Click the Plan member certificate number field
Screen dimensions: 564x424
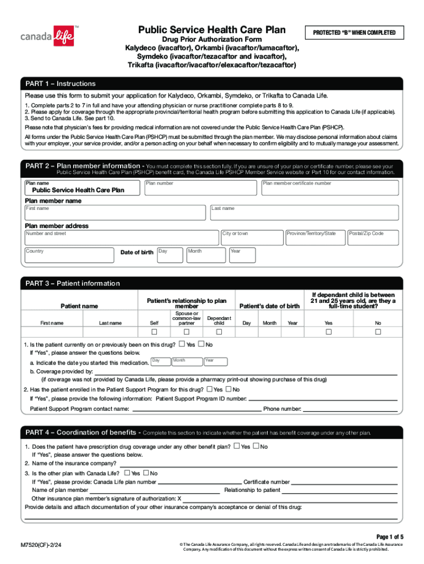[x=329, y=187]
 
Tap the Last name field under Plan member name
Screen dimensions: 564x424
[x=304, y=213]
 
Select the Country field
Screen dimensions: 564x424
[x=68, y=255]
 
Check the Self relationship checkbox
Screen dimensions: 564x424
[x=154, y=332]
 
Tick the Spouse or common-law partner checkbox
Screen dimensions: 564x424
[x=187, y=332]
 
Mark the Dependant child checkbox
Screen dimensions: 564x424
[x=219, y=332]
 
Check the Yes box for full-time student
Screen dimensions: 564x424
[x=328, y=332]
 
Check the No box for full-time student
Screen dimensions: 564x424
[x=378, y=332]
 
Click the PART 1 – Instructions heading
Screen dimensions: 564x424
[x=61, y=84]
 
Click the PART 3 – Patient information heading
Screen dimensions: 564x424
[x=73, y=284]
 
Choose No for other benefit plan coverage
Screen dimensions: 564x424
[x=256, y=446]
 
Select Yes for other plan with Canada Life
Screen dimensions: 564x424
[x=127, y=473]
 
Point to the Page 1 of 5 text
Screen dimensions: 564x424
[x=390, y=536]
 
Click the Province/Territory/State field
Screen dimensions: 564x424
[x=314, y=237]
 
